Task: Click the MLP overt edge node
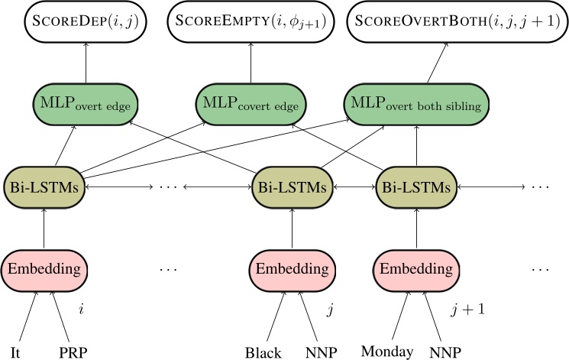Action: pos(85,103)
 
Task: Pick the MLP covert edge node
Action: pos(251,103)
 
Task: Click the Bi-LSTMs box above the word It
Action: pos(44,186)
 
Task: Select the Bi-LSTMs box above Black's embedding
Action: pos(293,186)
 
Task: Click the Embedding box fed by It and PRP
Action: pos(44,269)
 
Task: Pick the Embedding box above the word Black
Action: pos(293,269)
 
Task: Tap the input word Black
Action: pos(263,352)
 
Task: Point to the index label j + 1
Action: pos(467,310)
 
